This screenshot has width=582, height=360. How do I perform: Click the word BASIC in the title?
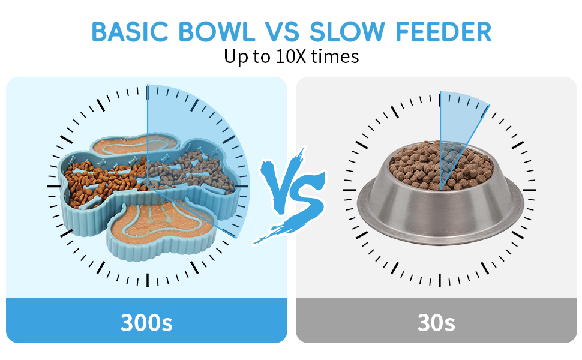click(130, 32)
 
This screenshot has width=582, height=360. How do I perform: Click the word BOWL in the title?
click(217, 32)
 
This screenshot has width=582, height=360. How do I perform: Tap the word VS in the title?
click(282, 32)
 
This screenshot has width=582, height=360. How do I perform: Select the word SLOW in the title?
click(347, 32)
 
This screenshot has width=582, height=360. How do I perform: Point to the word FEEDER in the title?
click(443, 32)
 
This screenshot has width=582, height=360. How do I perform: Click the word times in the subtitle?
click(335, 57)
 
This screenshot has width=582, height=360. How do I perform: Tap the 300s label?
click(146, 322)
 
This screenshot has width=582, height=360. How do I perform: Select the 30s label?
click(436, 322)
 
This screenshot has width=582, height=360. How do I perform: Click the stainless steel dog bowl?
click(440, 208)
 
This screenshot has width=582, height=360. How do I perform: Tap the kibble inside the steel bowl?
click(442, 165)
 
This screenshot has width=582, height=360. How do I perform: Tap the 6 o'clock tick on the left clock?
click(148, 280)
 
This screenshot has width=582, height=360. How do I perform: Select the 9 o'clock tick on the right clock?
click(350, 190)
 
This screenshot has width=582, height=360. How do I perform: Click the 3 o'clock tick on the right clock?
click(530, 190)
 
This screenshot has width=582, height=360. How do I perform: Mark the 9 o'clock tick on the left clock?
click(54, 186)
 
